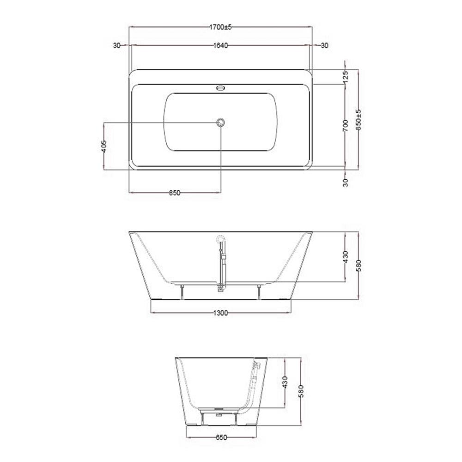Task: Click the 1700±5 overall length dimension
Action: tap(220, 27)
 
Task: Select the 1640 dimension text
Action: tap(220, 45)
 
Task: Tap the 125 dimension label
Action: tap(346, 76)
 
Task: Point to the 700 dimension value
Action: tap(346, 126)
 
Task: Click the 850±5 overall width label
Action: tap(358, 120)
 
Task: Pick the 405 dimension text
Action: tap(103, 146)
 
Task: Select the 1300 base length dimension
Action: tap(220, 313)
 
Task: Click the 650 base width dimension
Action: tap(221, 437)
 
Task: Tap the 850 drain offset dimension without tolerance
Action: tap(175, 193)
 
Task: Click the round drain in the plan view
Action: tap(220, 122)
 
